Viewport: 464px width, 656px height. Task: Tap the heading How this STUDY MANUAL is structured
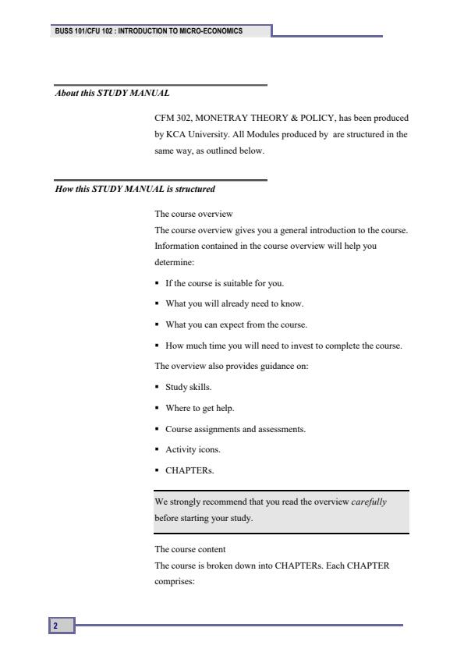pos(134,189)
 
